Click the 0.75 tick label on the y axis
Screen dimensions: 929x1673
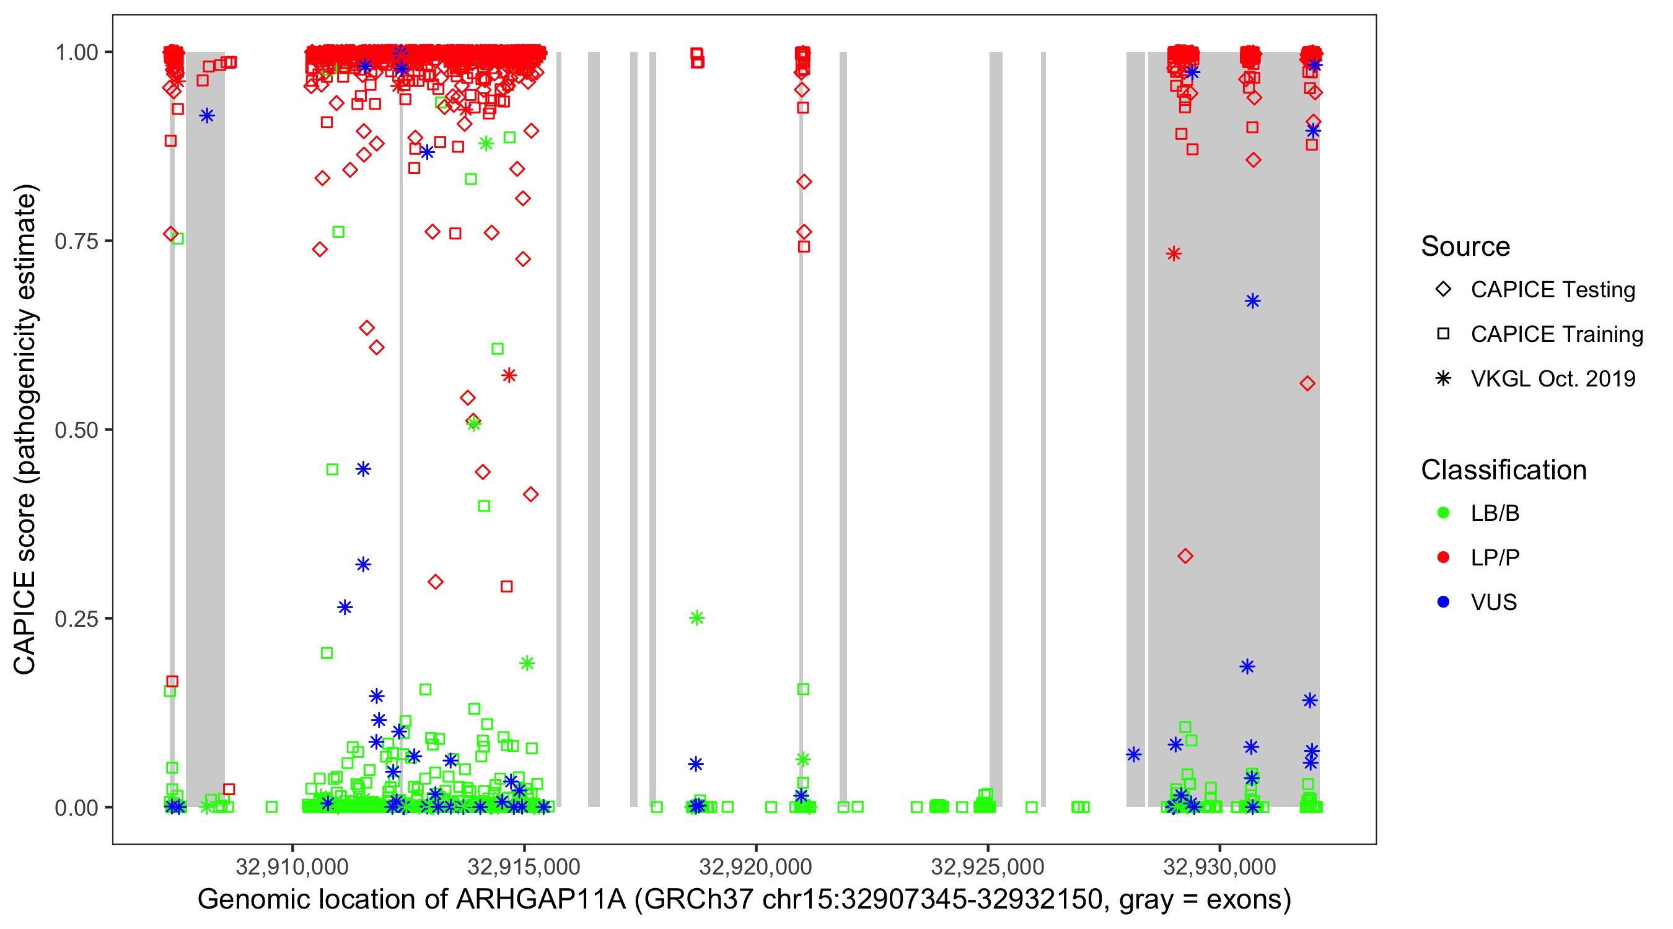76,241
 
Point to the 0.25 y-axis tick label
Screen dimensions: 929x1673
76,618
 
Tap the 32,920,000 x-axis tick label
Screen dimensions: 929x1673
755,866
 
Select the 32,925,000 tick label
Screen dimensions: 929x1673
987,866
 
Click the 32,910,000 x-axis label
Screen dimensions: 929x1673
292,866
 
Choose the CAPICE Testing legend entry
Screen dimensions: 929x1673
1552,290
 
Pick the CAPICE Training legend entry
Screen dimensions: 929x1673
1556,334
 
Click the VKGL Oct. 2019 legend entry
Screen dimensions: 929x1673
1552,378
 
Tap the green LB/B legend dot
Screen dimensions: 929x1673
1443,513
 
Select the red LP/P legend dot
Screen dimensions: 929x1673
1443,557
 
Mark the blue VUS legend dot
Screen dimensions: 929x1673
1443,602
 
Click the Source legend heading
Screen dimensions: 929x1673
1465,246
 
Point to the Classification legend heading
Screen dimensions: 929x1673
1503,470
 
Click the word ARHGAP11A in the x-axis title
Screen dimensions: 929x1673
540,900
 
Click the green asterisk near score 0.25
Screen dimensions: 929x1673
696,617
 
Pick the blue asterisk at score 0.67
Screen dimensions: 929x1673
1252,301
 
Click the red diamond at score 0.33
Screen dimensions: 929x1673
1185,556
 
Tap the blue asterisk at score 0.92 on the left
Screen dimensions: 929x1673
206,116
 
